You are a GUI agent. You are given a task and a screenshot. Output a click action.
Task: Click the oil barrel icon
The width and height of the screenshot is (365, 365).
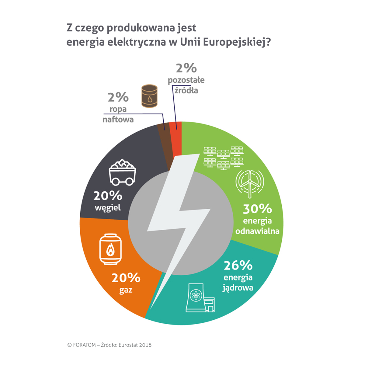[149, 96]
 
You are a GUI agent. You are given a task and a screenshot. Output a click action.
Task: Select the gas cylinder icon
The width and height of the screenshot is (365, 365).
[110, 249]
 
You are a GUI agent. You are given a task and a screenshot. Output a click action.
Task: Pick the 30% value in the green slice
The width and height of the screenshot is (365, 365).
[257, 209]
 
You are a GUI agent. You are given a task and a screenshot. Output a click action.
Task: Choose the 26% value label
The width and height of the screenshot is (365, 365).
[238, 265]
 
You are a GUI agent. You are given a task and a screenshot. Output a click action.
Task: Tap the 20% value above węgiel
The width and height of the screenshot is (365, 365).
[108, 196]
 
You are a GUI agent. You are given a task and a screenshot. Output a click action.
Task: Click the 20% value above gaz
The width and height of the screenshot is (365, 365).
[126, 278]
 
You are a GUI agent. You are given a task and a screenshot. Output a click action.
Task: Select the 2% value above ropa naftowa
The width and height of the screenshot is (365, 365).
[118, 97]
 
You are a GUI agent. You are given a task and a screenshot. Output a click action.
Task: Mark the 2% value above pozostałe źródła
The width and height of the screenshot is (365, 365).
[186, 68]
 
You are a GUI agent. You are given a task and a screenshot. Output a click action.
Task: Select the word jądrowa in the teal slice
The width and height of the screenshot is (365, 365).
[238, 288]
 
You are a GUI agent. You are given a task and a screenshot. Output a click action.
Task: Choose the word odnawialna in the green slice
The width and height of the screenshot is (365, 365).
[257, 231]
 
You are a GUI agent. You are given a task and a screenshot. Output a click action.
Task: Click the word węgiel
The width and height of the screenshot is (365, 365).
[108, 208]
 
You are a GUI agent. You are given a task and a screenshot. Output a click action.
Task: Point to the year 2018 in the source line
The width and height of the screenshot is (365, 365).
[145, 345]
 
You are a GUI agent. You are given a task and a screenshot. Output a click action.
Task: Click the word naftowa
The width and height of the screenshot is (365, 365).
[118, 119]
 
